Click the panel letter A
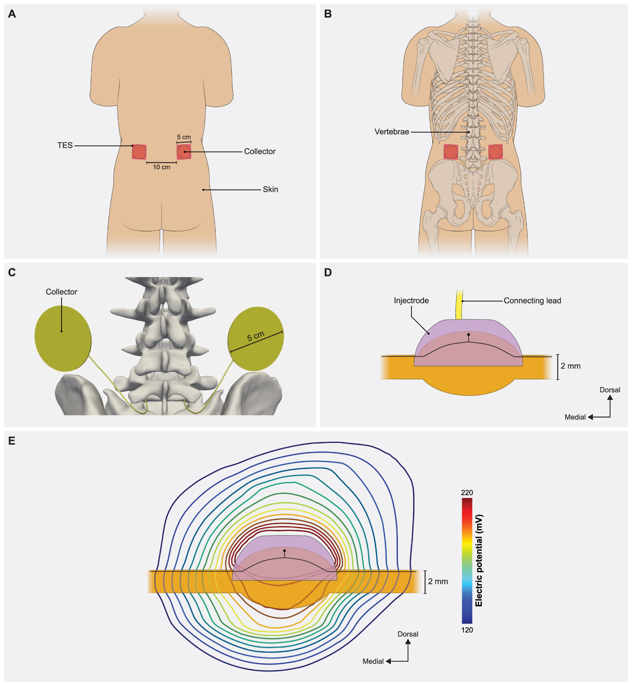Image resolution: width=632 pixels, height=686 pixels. click(x=12, y=14)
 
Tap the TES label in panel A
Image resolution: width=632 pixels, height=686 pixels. click(x=65, y=146)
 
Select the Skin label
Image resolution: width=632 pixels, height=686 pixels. click(x=270, y=190)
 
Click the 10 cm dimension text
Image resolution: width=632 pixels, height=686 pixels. click(x=162, y=167)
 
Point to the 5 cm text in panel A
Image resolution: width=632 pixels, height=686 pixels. click(x=184, y=137)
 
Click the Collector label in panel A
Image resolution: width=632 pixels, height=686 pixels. click(x=260, y=151)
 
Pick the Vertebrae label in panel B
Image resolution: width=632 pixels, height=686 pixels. click(x=392, y=132)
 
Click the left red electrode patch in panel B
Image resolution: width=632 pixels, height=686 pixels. click(x=451, y=152)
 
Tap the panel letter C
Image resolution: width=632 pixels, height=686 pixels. click(x=12, y=272)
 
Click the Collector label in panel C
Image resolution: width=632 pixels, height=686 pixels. click(x=62, y=292)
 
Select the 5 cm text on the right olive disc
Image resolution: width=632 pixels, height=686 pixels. click(x=255, y=336)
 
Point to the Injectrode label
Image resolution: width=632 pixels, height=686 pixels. click(x=411, y=301)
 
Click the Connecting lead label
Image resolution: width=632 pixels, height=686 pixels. click(x=532, y=301)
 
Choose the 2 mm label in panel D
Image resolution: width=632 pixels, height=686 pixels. click(x=570, y=366)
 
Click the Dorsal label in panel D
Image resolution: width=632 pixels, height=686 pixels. click(x=610, y=390)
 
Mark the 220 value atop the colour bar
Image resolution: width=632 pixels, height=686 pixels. click(x=467, y=493)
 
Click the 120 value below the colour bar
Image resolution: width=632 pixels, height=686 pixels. click(x=467, y=630)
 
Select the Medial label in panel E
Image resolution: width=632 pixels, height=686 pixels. click(x=373, y=661)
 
